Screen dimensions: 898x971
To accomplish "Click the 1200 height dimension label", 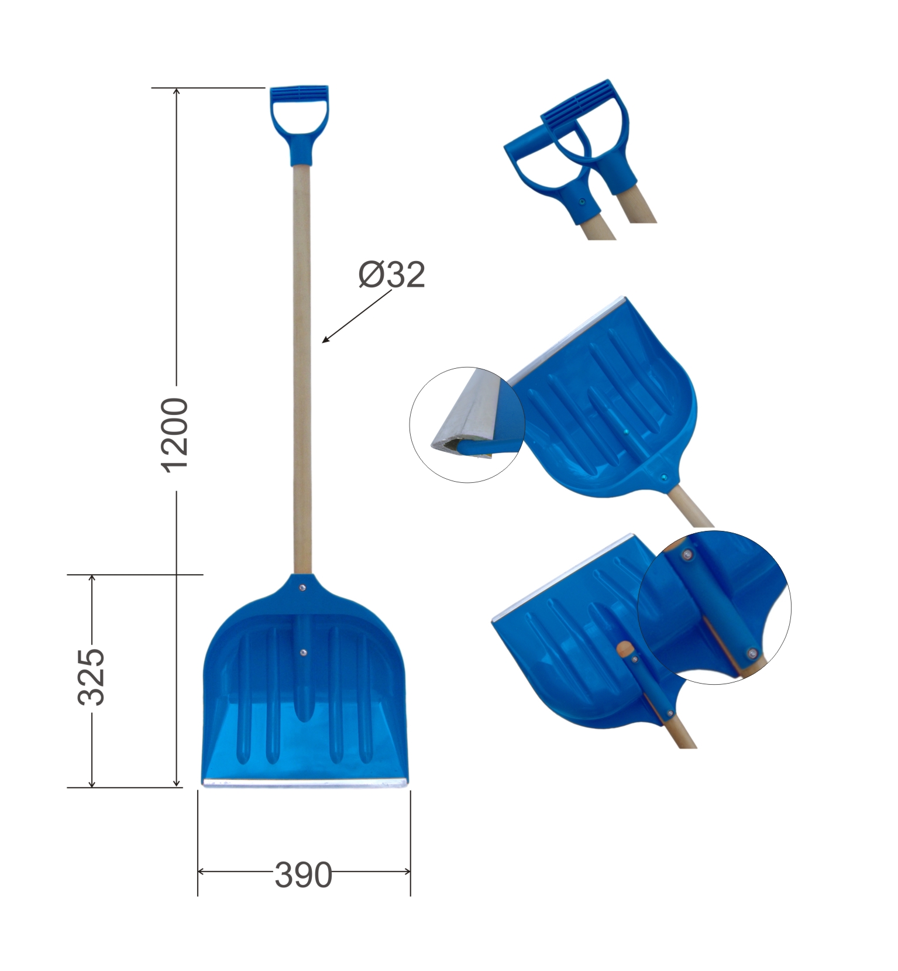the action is coord(175,434).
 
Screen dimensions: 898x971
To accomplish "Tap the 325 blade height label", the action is coord(91,676).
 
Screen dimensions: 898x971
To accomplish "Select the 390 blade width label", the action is coord(303,875).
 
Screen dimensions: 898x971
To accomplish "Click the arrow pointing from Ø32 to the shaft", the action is coord(356,316).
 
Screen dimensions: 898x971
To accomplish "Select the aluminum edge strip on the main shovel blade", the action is coord(305,782).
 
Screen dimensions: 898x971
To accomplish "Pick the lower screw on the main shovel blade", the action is coord(303,651).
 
